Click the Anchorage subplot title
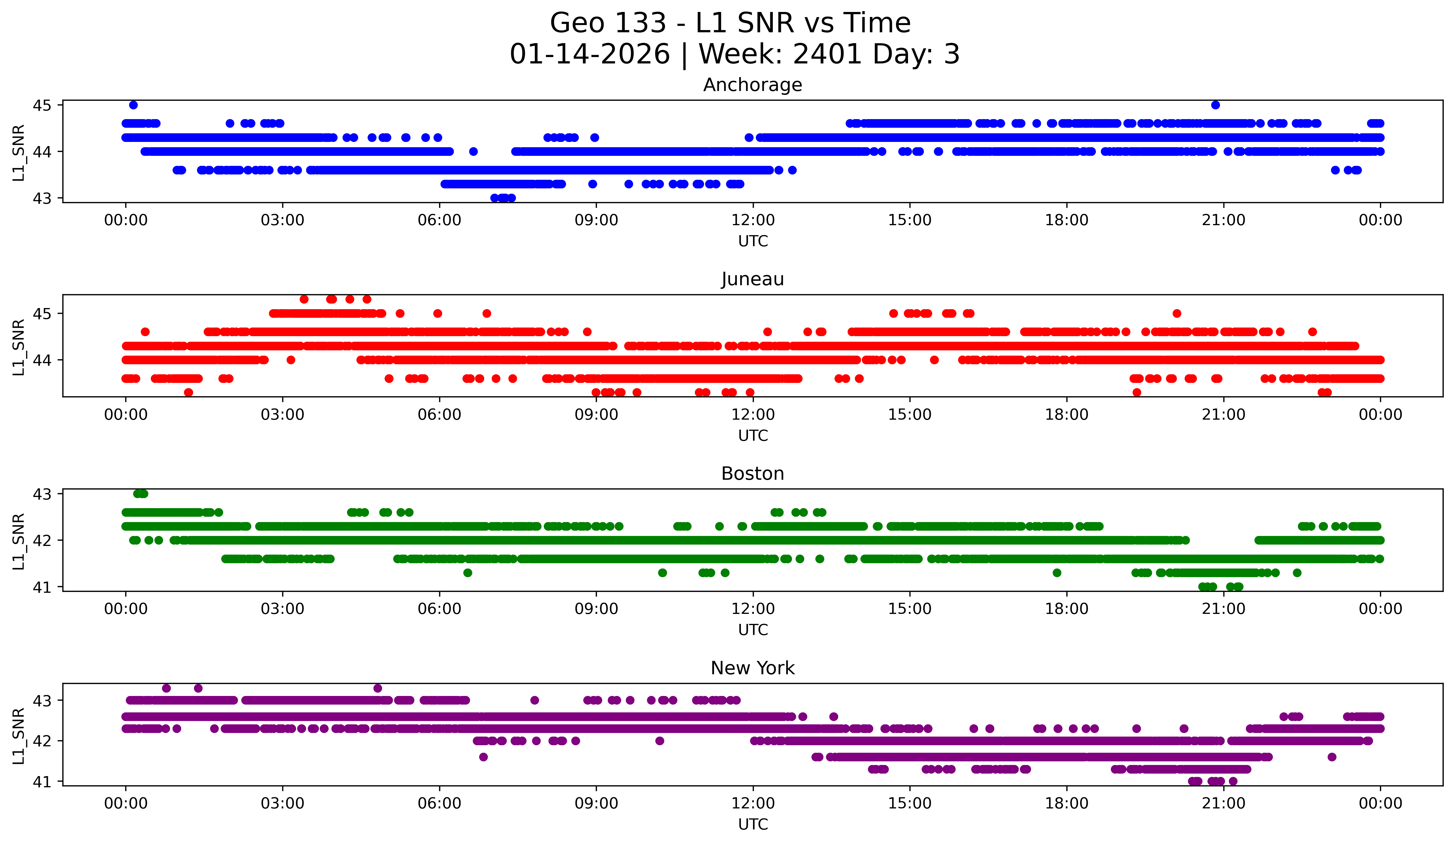[x=752, y=85]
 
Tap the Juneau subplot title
[x=752, y=279]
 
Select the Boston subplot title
[x=752, y=474]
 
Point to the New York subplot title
[x=752, y=668]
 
